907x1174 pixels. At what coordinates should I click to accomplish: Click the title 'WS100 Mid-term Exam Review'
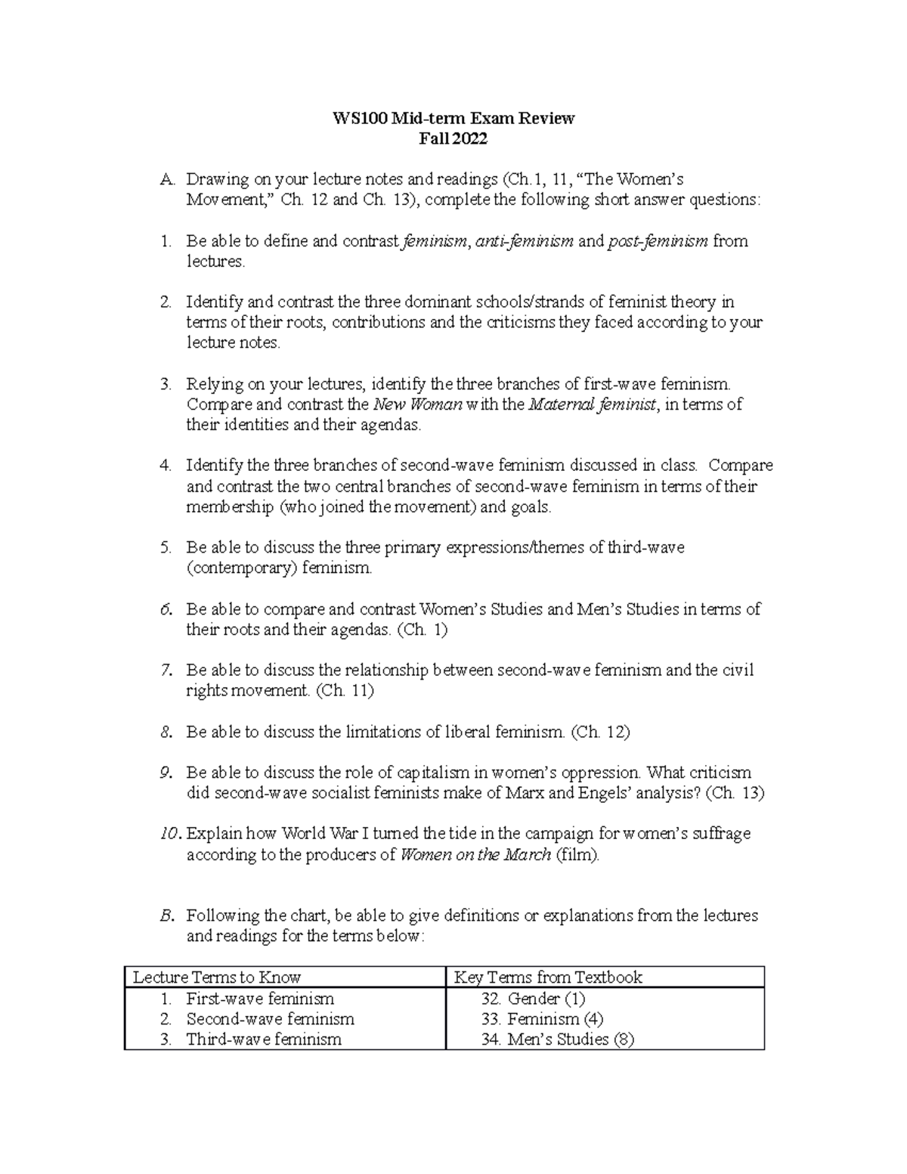[453, 118]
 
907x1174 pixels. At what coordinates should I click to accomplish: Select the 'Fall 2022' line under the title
[453, 138]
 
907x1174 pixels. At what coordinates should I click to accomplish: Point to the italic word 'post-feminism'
[658, 241]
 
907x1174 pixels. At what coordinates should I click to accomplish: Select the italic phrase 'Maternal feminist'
[592, 404]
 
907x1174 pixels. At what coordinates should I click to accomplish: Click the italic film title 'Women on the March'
[475, 855]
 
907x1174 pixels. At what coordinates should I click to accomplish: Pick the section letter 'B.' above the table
[167, 915]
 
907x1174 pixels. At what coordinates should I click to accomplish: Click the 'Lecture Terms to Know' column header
[217, 977]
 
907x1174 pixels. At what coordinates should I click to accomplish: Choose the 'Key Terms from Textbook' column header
[547, 977]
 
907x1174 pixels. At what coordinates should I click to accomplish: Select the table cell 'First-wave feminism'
[260, 999]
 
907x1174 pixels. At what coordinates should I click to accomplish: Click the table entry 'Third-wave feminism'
[264, 1039]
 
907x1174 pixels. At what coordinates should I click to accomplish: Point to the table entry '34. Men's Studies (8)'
[557, 1039]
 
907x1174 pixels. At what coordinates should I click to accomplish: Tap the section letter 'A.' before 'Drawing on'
[167, 180]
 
